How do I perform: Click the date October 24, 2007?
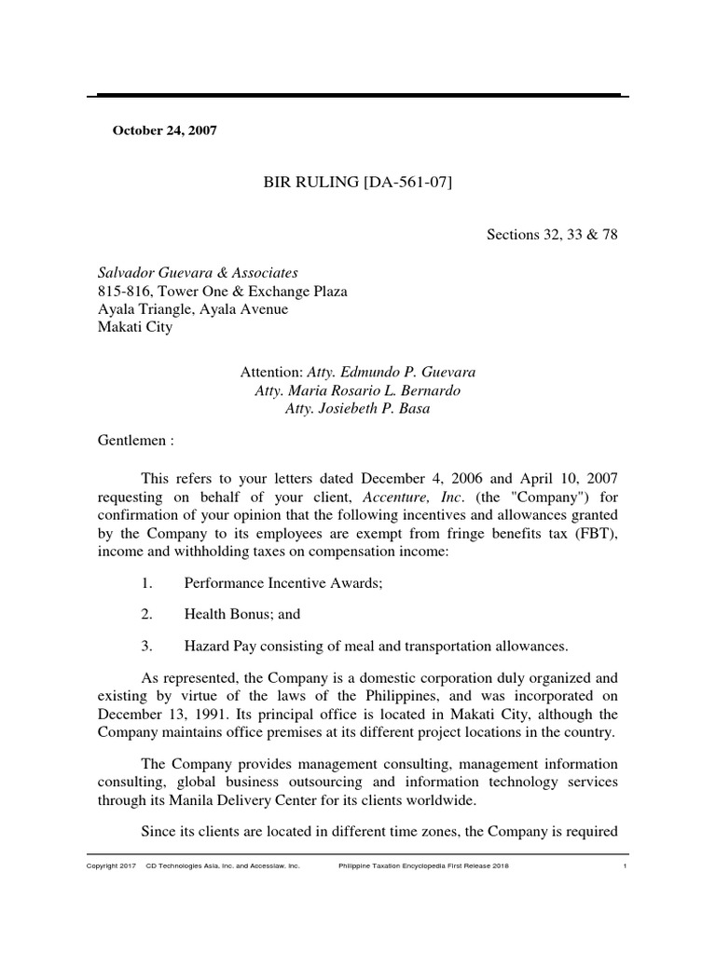click(164, 130)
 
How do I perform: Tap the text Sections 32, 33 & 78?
click(552, 235)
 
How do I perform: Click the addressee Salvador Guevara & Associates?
click(198, 273)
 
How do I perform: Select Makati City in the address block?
click(135, 327)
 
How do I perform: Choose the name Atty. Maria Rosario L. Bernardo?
click(357, 390)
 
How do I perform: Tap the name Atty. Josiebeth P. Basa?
click(357, 409)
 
